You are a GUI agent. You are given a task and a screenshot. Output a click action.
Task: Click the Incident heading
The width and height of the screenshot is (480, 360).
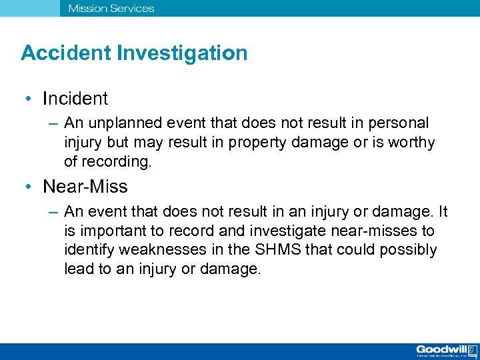point(75,99)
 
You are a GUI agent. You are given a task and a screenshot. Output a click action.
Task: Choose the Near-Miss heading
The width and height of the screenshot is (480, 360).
point(85,186)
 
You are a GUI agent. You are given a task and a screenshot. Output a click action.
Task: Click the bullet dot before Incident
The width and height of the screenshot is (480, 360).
point(29,99)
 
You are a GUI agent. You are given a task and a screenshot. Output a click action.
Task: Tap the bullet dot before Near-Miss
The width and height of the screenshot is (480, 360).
point(29,187)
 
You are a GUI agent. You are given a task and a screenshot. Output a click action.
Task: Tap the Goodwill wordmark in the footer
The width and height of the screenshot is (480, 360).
point(441,349)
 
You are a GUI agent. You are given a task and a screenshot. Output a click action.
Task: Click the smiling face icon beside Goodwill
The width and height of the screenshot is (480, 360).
point(472,349)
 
